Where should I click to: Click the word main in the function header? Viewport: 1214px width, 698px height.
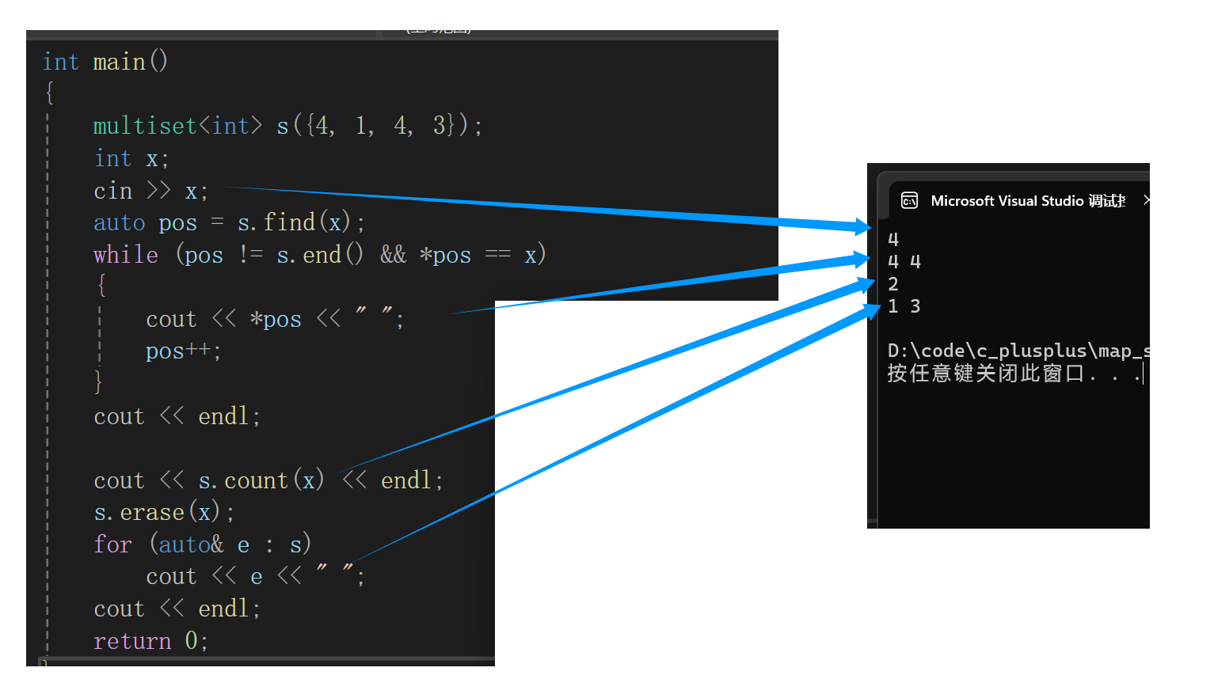click(x=120, y=62)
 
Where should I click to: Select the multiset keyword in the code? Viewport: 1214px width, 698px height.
click(x=144, y=126)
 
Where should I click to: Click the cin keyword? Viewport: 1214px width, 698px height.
click(x=112, y=191)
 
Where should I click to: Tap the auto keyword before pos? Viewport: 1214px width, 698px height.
click(x=119, y=223)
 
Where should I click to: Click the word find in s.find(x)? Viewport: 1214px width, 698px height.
click(x=289, y=222)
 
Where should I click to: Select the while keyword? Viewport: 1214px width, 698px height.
click(x=125, y=255)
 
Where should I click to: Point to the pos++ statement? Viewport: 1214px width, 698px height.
click(x=182, y=351)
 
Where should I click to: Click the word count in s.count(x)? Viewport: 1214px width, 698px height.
click(x=256, y=480)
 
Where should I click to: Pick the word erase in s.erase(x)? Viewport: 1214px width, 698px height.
click(x=152, y=513)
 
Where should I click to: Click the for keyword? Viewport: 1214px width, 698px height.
click(x=112, y=544)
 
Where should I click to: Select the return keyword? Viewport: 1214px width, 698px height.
click(x=131, y=641)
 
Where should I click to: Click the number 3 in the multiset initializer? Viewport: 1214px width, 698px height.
click(x=440, y=125)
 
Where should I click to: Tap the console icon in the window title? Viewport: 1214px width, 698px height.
click(x=910, y=201)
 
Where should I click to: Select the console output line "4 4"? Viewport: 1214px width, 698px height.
click(x=904, y=262)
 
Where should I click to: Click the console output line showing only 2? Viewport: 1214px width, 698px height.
click(x=893, y=284)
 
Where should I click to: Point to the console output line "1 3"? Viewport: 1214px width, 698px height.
click(x=904, y=306)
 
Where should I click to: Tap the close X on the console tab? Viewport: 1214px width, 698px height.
click(x=1146, y=201)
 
